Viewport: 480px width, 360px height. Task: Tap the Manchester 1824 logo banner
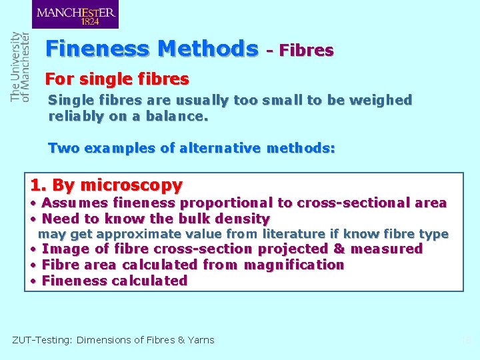pos(75,15)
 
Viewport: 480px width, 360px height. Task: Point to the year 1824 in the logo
pos(90,21)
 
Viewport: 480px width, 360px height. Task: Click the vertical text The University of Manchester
pos(20,67)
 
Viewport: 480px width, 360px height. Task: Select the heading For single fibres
pos(117,79)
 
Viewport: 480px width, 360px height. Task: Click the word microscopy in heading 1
pos(131,185)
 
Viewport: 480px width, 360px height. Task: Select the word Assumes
pos(75,203)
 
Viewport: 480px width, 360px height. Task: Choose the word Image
pos(61,249)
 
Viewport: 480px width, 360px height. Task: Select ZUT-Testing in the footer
pos(41,340)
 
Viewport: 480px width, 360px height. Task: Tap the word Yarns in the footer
pos(201,340)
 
